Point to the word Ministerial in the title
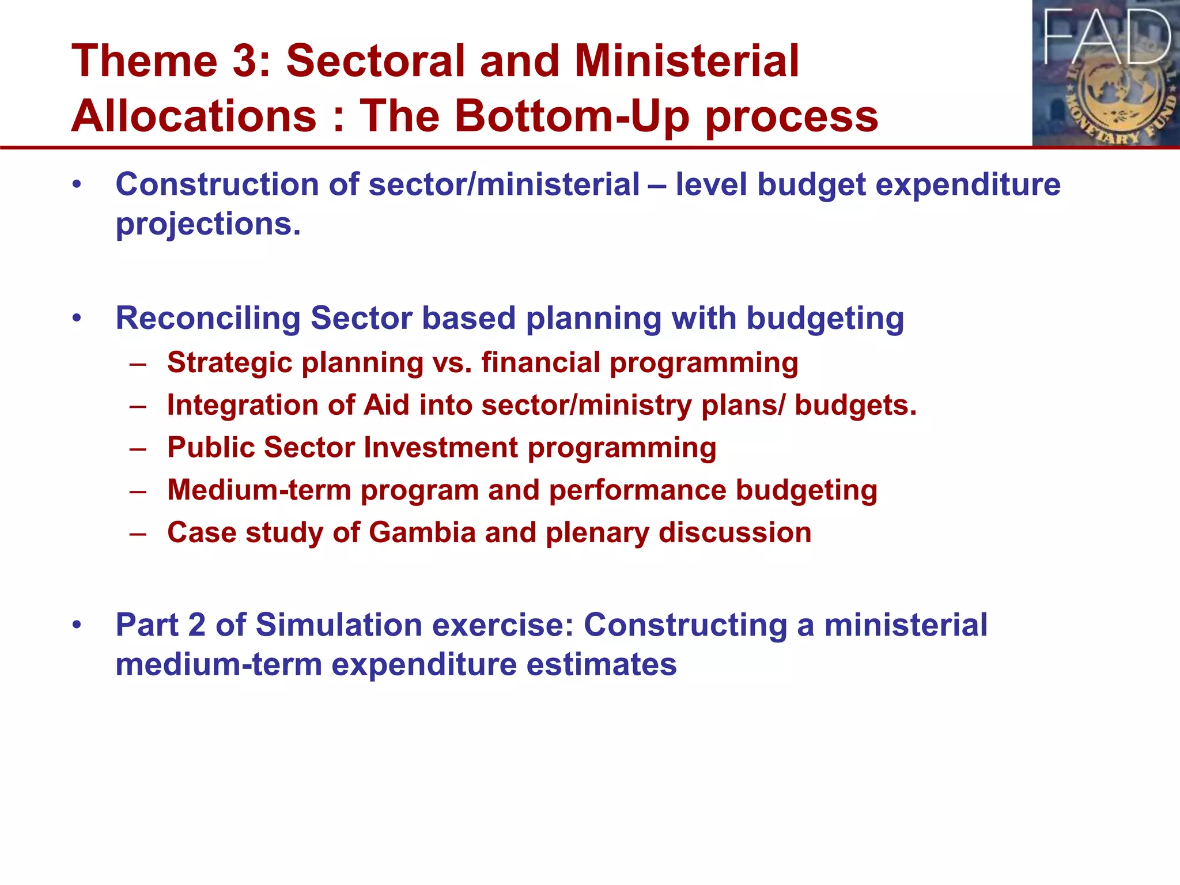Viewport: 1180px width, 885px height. click(x=687, y=61)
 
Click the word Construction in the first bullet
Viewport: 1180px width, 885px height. click(x=217, y=185)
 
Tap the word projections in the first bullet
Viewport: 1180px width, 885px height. click(x=208, y=224)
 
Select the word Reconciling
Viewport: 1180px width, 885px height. click(x=207, y=319)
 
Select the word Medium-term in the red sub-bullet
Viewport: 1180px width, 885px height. click(x=259, y=490)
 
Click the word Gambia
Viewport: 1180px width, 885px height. click(x=422, y=532)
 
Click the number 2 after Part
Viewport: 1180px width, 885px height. click(x=196, y=625)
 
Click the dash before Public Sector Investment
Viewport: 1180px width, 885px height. click(x=138, y=448)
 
